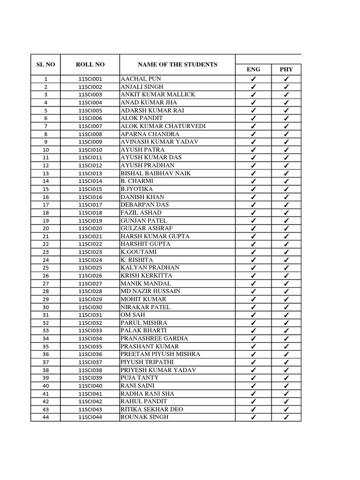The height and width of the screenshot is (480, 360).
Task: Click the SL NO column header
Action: coord(45,65)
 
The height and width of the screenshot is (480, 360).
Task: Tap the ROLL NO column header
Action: coord(90,65)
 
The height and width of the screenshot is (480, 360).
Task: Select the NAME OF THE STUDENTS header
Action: coord(177,65)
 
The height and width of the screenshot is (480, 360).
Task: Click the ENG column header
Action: coord(253,69)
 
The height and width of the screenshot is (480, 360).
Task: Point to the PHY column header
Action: coord(286,69)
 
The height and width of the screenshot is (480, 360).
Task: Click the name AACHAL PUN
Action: coord(141,79)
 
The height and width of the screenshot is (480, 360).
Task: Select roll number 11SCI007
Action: coord(90,127)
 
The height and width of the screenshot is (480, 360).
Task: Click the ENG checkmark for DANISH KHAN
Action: coord(253,197)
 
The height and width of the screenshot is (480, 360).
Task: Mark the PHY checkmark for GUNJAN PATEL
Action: coord(286,221)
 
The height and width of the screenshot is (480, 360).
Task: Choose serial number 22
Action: coord(45,244)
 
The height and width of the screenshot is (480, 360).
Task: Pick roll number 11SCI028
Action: coord(90,292)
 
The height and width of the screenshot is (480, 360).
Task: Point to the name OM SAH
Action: coord(133,315)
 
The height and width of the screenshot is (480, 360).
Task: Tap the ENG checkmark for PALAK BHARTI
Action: coord(253,331)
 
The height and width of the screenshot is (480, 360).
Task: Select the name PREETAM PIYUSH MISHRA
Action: coord(160,354)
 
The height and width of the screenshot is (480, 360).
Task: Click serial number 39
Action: coord(45,378)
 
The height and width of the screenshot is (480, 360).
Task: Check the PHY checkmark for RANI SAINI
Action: coord(286,386)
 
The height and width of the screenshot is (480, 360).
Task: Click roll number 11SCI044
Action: coord(90,417)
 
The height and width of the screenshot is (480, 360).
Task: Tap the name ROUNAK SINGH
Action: coord(144,417)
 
